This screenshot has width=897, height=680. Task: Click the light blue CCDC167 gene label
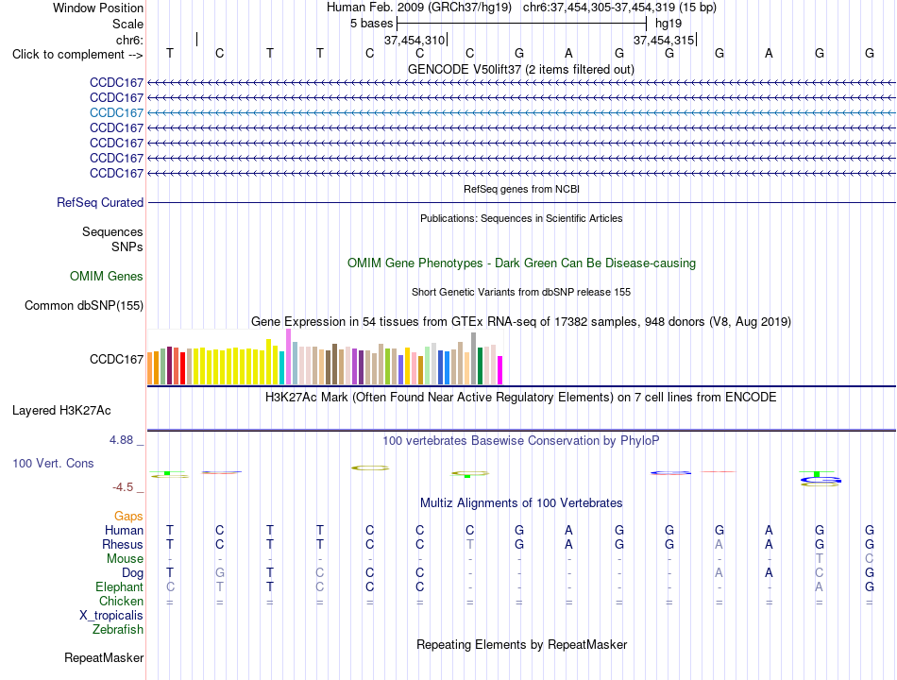[x=116, y=112]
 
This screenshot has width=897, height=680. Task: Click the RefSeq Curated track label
[x=100, y=203]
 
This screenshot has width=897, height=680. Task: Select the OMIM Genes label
[x=107, y=276]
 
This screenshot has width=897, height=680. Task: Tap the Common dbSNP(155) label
[x=84, y=306]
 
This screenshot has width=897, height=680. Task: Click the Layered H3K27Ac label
[x=61, y=411]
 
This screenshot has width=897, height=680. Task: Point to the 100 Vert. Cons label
[x=53, y=463]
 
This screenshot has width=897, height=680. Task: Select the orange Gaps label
[x=128, y=517]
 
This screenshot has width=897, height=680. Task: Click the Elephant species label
[x=120, y=586]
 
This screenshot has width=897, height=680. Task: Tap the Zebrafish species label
[x=118, y=630]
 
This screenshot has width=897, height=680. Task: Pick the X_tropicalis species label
[x=111, y=616]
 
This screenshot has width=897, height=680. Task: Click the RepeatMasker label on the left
[x=104, y=657]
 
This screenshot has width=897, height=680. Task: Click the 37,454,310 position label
[x=415, y=40]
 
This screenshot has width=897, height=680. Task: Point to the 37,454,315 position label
[x=664, y=40]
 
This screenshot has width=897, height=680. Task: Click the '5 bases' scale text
[x=372, y=24]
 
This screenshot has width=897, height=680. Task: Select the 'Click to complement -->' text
[x=77, y=55]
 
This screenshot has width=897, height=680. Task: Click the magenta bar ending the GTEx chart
[x=500, y=370]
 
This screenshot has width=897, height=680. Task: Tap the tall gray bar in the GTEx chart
[x=474, y=358]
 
